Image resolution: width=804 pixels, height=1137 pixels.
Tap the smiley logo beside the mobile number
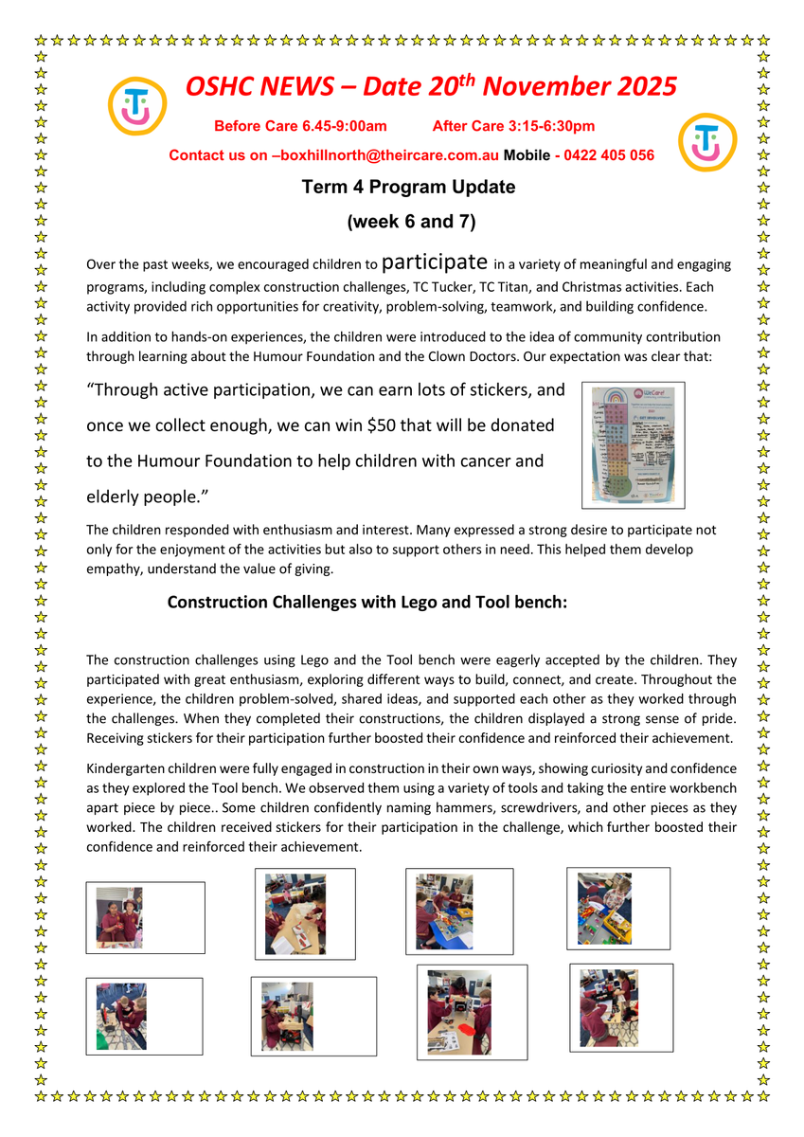click(707, 143)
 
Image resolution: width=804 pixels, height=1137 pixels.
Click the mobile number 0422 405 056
click(609, 155)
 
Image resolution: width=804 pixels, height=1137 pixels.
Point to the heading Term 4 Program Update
click(408, 187)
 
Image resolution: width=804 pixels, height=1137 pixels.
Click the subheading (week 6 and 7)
click(410, 223)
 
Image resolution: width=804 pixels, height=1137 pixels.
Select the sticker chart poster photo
click(633, 445)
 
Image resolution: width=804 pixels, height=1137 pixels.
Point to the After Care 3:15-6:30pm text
click(513, 126)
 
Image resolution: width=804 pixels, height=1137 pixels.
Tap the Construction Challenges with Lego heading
click(366, 602)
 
